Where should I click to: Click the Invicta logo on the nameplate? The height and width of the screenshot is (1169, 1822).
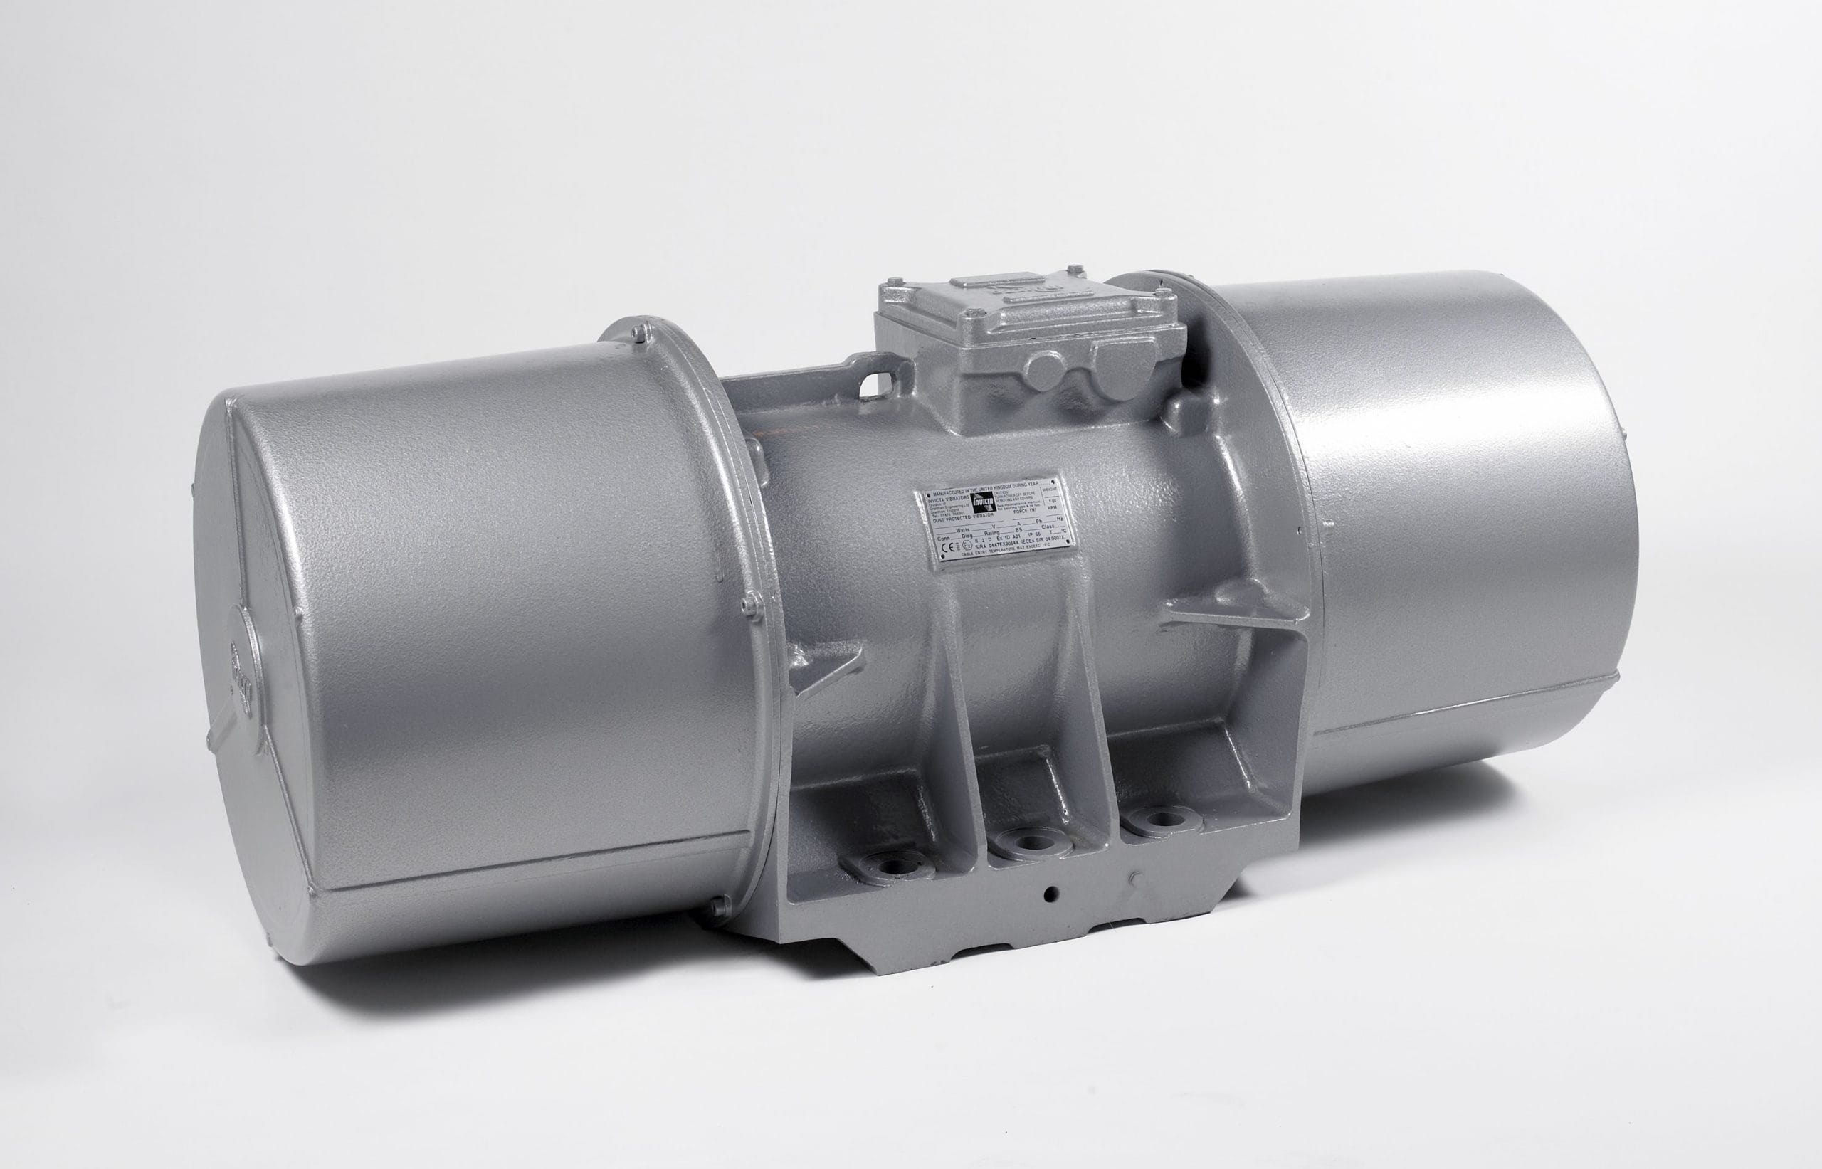pyautogui.click(x=984, y=502)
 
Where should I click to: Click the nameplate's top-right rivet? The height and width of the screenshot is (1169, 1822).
pyautogui.click(x=1053, y=482)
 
